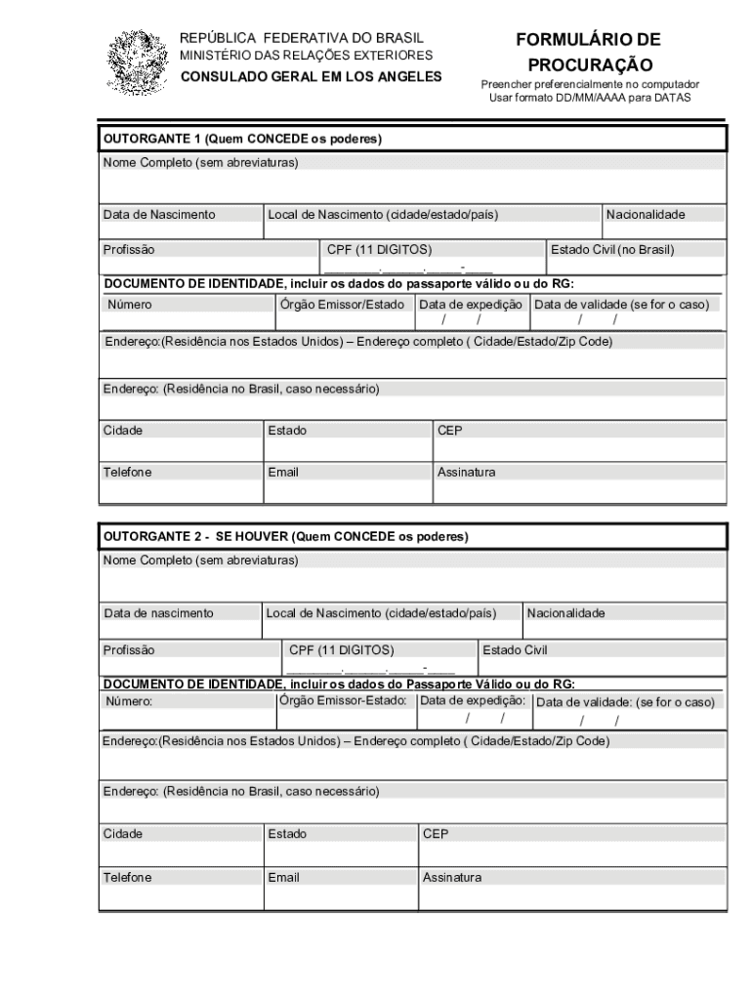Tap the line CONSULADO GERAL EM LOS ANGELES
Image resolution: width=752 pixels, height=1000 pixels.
tap(310, 76)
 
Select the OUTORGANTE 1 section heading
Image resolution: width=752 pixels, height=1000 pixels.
tap(242, 140)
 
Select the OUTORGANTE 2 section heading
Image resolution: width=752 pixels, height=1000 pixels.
tap(286, 537)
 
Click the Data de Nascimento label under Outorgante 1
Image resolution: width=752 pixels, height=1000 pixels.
tap(159, 215)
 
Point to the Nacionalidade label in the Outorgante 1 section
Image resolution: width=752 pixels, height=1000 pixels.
tap(646, 215)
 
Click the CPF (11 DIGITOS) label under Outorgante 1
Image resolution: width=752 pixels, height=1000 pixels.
tap(380, 250)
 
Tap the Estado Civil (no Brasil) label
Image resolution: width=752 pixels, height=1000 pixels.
tap(612, 250)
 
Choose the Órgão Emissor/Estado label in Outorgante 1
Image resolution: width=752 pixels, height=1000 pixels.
tap(342, 305)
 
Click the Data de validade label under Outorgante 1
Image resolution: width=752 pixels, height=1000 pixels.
tap(621, 305)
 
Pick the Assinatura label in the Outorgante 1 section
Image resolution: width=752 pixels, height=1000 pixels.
tap(466, 473)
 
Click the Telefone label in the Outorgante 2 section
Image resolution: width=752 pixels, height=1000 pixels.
tap(128, 878)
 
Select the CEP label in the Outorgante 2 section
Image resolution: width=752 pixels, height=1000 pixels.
tap(436, 834)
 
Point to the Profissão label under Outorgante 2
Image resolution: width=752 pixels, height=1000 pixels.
tap(129, 649)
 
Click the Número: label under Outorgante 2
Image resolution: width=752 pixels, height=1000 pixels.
tap(130, 701)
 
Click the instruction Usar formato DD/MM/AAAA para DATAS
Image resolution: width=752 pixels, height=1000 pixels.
tap(590, 98)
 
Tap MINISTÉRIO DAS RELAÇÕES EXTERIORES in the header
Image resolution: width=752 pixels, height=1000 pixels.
tap(306, 56)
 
